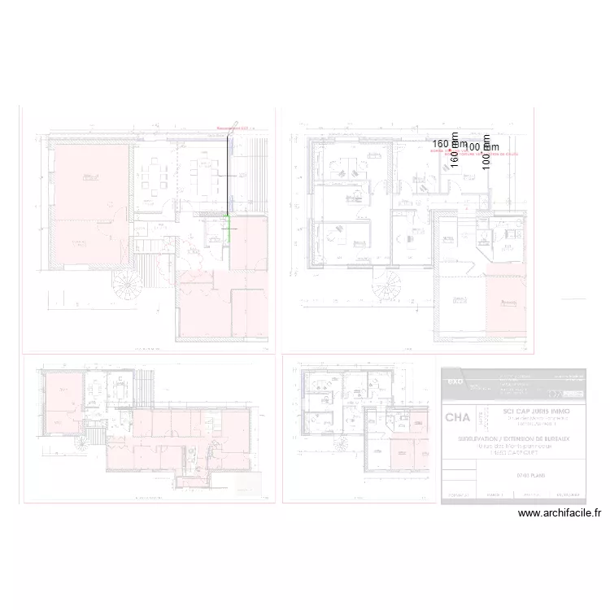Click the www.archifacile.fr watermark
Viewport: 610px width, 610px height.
[559, 513]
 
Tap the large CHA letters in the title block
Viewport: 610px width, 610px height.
[457, 418]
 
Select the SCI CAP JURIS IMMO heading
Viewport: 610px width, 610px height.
[525, 412]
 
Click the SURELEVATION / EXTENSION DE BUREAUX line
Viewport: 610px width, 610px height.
[525, 437]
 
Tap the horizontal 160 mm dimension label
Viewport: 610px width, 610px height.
[450, 143]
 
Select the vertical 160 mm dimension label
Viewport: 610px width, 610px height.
[455, 150]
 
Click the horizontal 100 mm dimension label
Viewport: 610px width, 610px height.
[482, 146]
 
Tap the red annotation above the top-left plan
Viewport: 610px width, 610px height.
[235, 128]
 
